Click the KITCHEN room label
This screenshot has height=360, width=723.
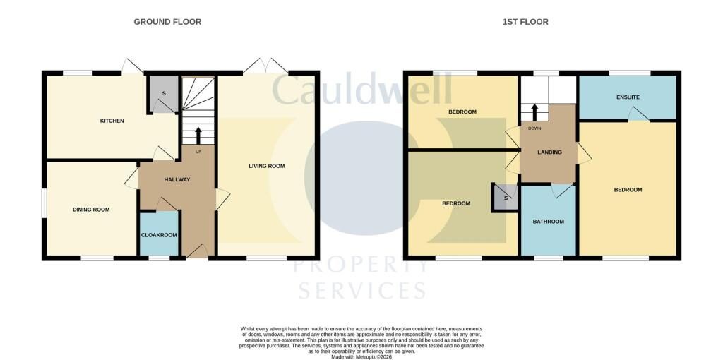point(112,121)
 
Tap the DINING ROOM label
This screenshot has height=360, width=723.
point(91,209)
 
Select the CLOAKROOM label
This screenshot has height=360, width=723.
point(159,235)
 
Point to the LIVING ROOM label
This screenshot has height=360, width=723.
point(267,166)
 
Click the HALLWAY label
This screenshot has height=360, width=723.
point(177,180)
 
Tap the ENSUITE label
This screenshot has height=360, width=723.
point(628,97)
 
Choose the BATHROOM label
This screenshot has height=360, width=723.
point(548,222)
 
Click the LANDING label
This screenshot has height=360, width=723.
point(549,152)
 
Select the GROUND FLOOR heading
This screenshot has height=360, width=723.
point(167,22)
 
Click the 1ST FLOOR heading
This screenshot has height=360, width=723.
point(525,22)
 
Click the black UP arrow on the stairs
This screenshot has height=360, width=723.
point(198,136)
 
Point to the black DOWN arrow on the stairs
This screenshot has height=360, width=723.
point(535,112)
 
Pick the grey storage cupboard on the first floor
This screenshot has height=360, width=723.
point(506,198)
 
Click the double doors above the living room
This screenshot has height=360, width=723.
point(265,66)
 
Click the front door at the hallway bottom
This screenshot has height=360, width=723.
point(197,251)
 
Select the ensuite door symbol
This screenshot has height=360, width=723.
point(639,114)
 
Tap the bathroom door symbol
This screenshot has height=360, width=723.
point(563,191)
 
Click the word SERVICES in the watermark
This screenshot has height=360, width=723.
point(361,291)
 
